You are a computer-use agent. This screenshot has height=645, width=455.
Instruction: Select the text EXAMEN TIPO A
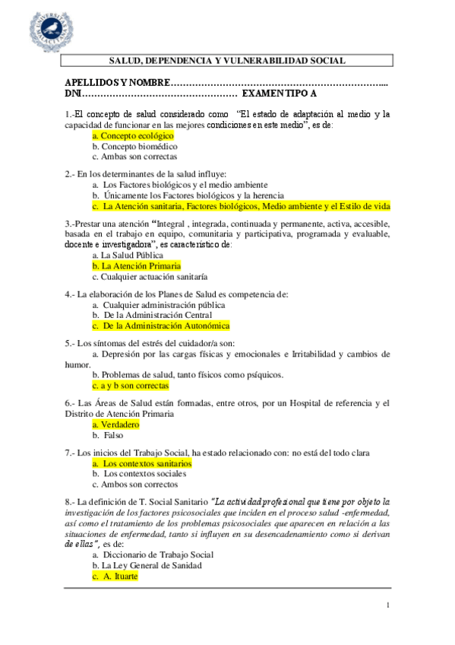[279, 94]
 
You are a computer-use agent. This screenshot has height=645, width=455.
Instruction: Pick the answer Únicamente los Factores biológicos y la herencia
[179, 195]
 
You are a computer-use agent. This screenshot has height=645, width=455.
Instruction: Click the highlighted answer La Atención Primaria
[137, 266]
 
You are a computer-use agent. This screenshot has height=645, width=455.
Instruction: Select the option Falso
[107, 435]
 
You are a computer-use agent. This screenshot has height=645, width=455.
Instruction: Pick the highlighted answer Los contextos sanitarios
[142, 462]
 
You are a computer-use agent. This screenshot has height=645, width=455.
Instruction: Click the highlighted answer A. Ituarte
[115, 577]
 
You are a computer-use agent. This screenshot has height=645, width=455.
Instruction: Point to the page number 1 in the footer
[387, 605]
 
